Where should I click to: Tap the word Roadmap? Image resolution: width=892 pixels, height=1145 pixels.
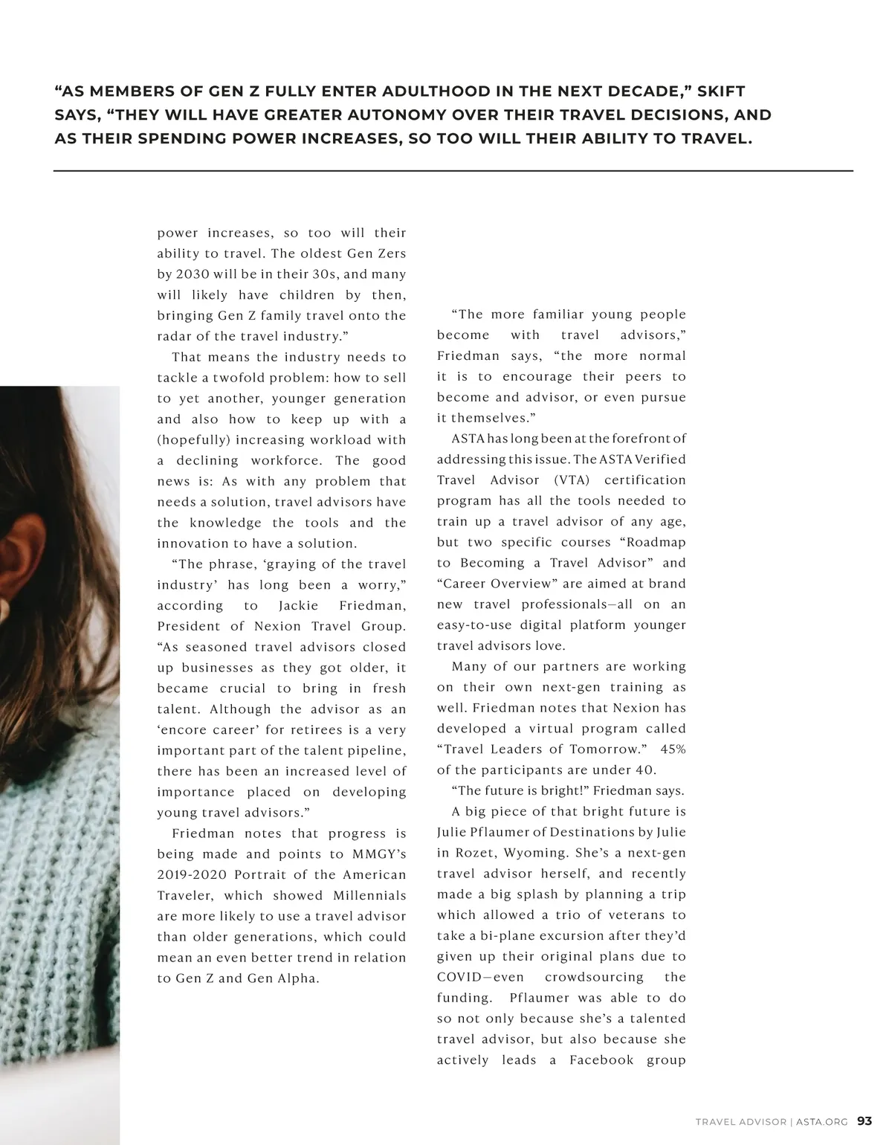pyautogui.click(x=656, y=543)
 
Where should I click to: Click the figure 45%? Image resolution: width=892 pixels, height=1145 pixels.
pyautogui.click(x=672, y=749)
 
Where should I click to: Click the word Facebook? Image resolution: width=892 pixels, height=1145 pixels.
pyautogui.click(x=601, y=1060)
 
